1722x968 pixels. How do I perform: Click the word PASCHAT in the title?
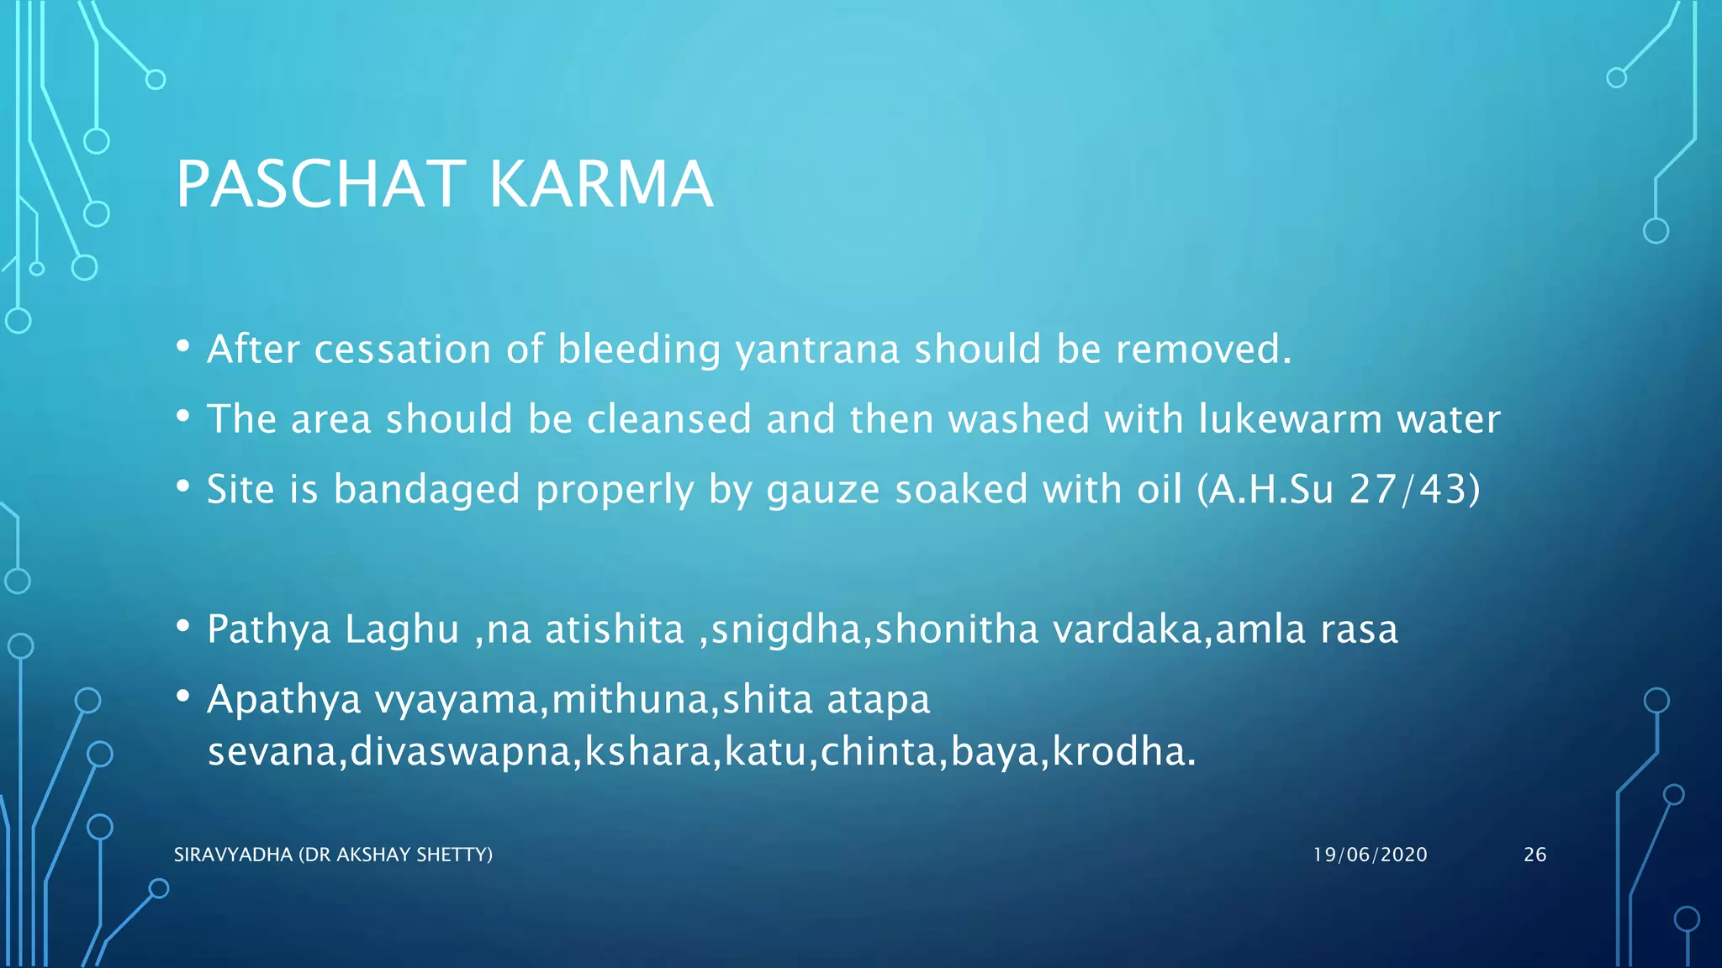pos(320,184)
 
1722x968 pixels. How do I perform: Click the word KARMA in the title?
pos(600,184)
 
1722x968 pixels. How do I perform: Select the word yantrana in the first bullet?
pos(817,350)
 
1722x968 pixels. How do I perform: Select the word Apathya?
pos(284,700)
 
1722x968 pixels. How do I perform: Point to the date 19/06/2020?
pos(1370,855)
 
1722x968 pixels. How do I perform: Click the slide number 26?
pos(1534,855)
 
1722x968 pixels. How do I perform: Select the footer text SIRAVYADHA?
pos(233,855)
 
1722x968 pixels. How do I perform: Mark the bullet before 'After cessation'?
pos(183,347)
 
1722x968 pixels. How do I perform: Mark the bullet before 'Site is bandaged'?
pos(183,487)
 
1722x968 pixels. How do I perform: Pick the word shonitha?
pos(957,630)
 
